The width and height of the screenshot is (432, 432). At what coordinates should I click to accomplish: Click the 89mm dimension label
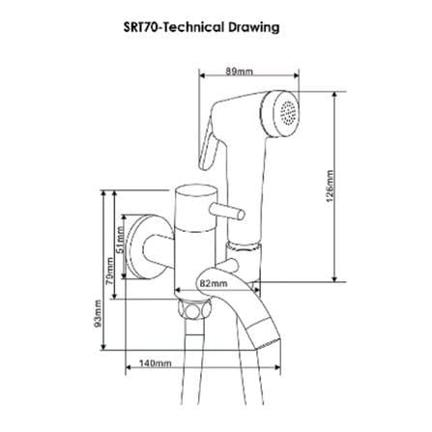(239, 72)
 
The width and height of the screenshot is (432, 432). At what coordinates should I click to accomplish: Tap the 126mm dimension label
(330, 186)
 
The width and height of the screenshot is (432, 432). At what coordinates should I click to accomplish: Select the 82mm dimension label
(214, 283)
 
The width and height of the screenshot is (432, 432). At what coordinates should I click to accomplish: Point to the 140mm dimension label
(155, 363)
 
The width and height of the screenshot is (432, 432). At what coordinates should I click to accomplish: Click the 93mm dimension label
(98, 313)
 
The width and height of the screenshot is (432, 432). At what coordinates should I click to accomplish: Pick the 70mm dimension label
(109, 271)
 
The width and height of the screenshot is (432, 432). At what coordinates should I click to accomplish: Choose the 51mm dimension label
(119, 240)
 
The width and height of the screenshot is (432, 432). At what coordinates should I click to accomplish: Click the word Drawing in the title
(254, 28)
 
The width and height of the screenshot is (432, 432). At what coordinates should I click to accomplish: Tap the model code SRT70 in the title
(142, 27)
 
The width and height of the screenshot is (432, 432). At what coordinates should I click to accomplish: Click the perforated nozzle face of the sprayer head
(287, 112)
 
